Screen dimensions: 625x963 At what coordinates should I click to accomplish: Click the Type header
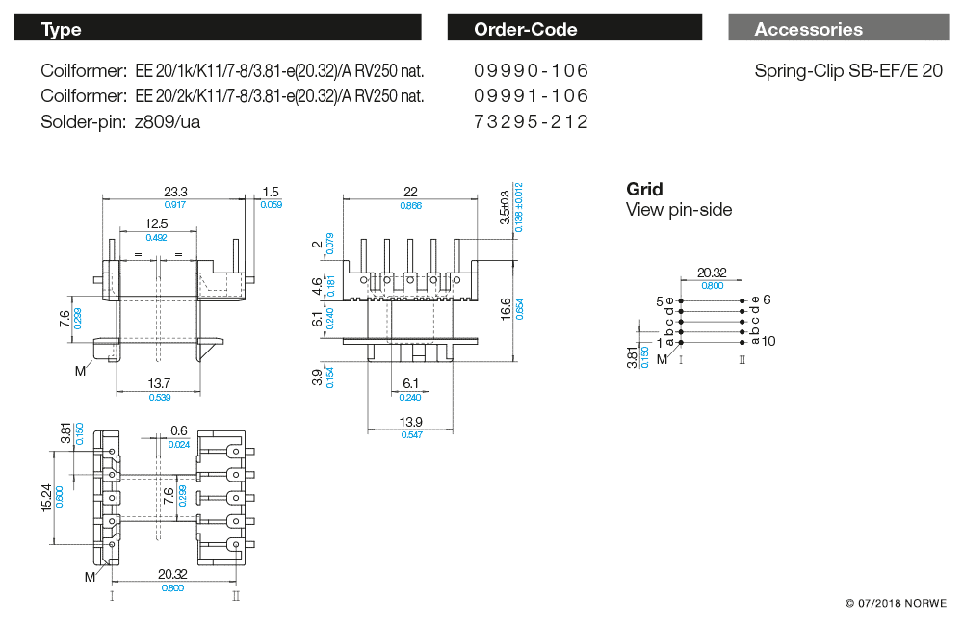click(62, 30)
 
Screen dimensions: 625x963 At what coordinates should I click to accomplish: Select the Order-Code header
click(525, 30)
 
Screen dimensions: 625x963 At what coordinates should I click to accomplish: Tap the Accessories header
click(808, 30)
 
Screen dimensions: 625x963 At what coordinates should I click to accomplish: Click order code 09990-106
click(531, 71)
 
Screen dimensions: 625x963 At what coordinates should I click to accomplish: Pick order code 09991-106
click(531, 96)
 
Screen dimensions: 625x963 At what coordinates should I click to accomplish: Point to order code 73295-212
click(531, 121)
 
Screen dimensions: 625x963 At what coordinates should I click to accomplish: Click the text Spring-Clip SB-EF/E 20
click(847, 71)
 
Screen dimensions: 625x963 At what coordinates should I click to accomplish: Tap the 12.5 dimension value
click(156, 223)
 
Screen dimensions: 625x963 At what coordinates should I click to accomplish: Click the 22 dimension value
click(410, 192)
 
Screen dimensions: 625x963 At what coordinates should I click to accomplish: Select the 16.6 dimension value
click(507, 307)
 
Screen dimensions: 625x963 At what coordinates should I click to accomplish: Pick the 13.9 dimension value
click(410, 422)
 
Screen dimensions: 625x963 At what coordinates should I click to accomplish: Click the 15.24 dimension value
click(46, 498)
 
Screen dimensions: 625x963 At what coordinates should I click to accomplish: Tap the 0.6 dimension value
click(178, 430)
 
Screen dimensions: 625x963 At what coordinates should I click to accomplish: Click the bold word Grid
click(644, 189)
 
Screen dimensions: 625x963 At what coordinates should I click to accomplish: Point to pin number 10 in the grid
click(768, 341)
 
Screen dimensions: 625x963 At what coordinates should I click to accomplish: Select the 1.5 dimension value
click(271, 192)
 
